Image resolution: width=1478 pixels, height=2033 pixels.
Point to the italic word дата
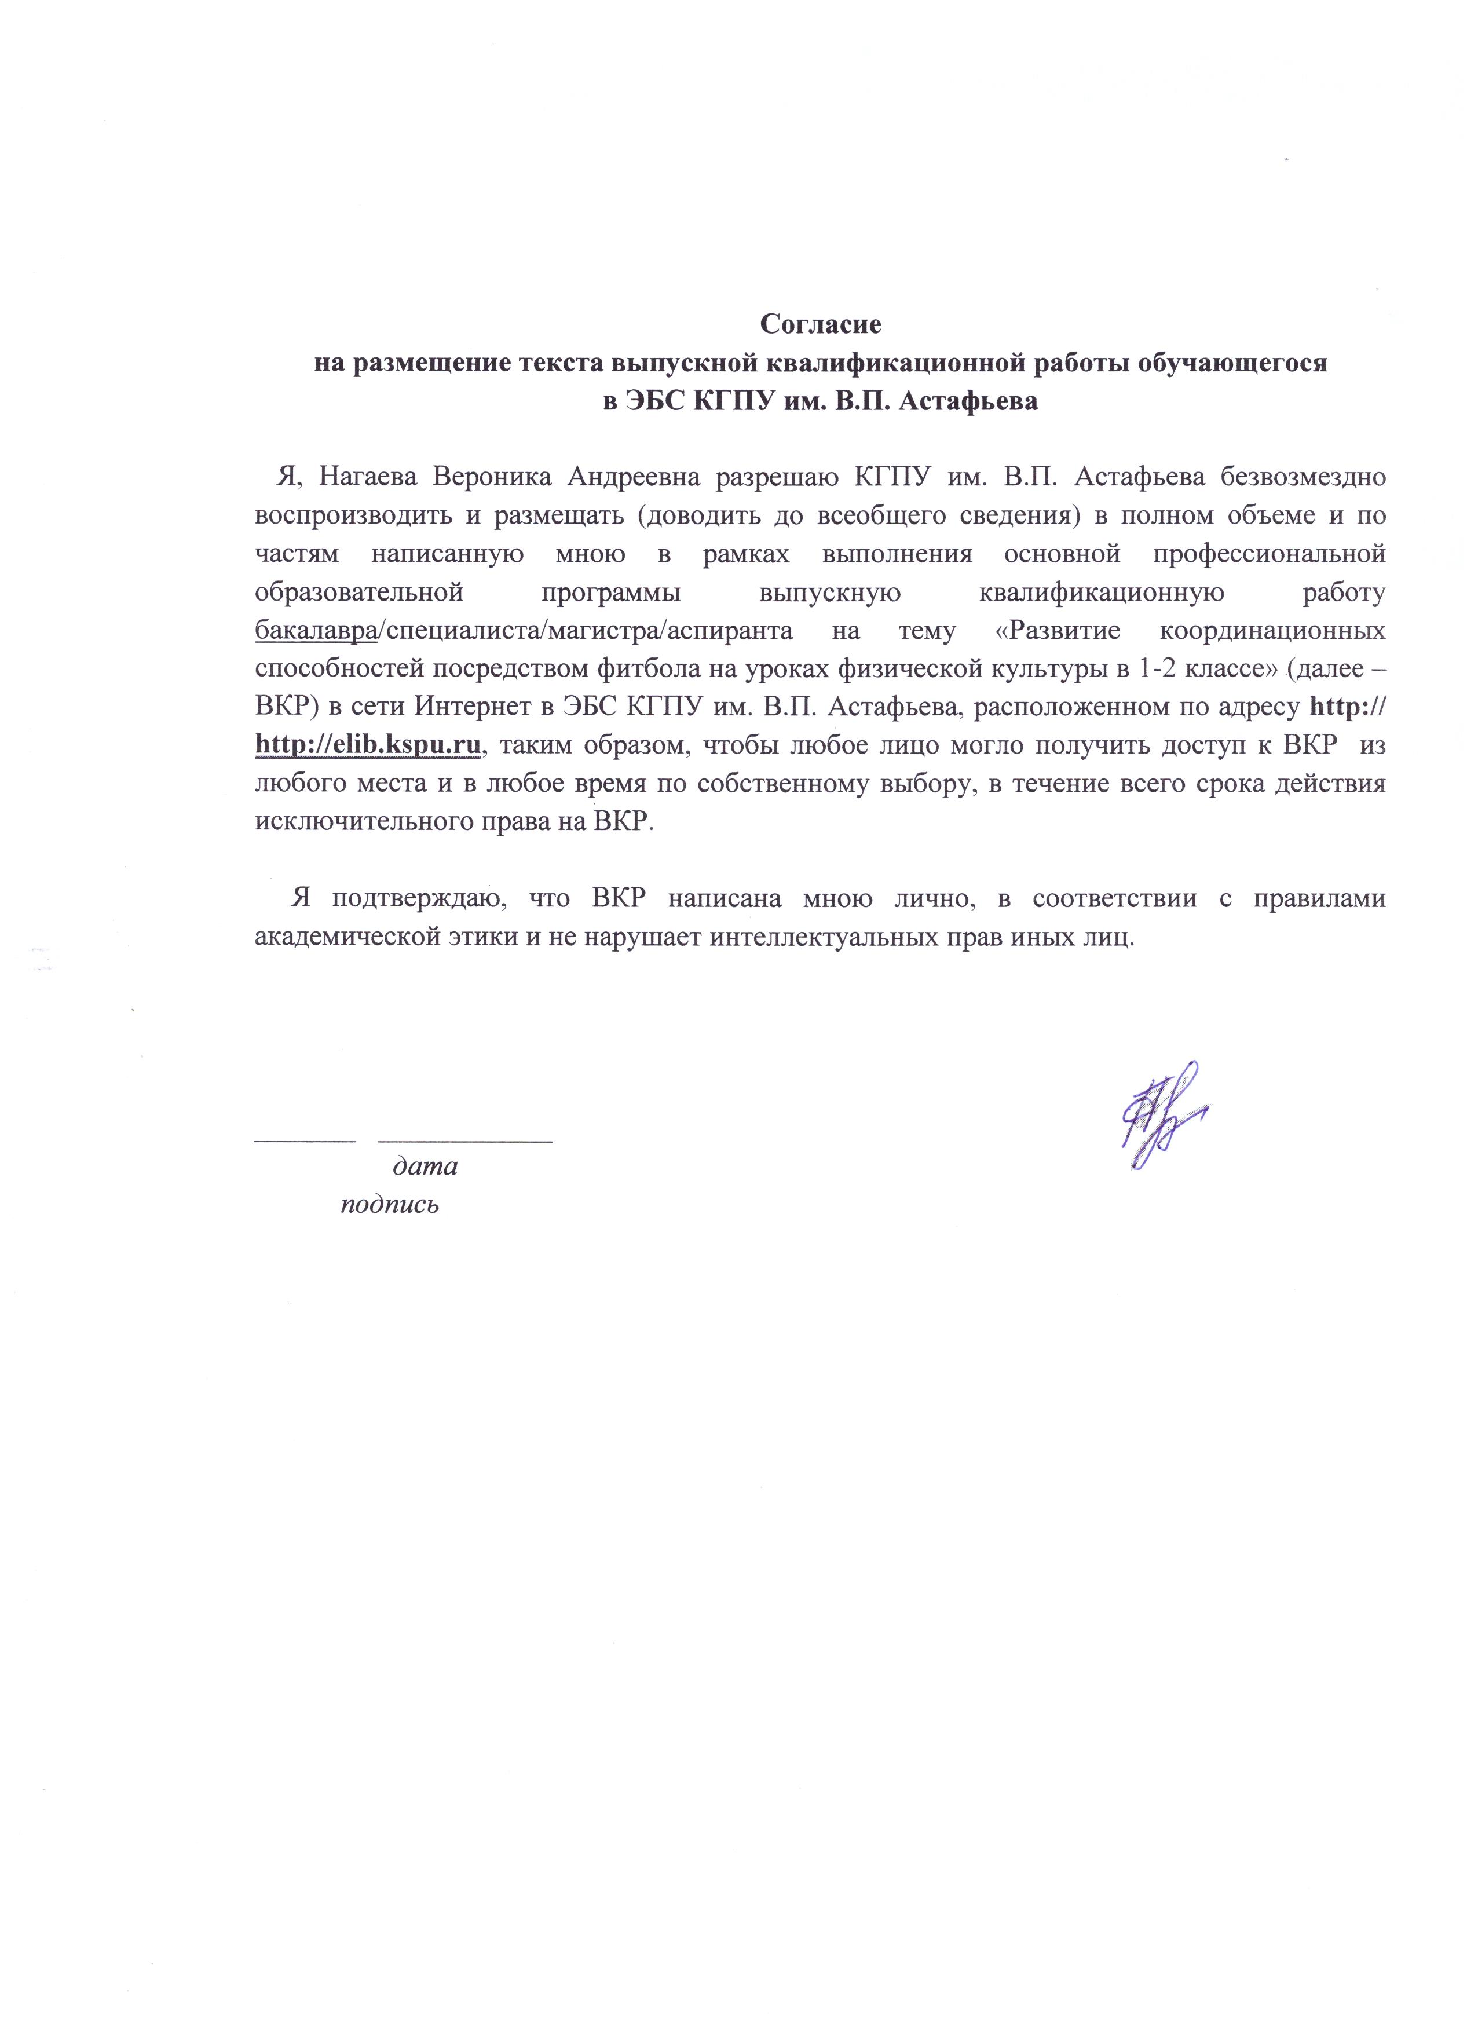click(x=426, y=1166)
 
